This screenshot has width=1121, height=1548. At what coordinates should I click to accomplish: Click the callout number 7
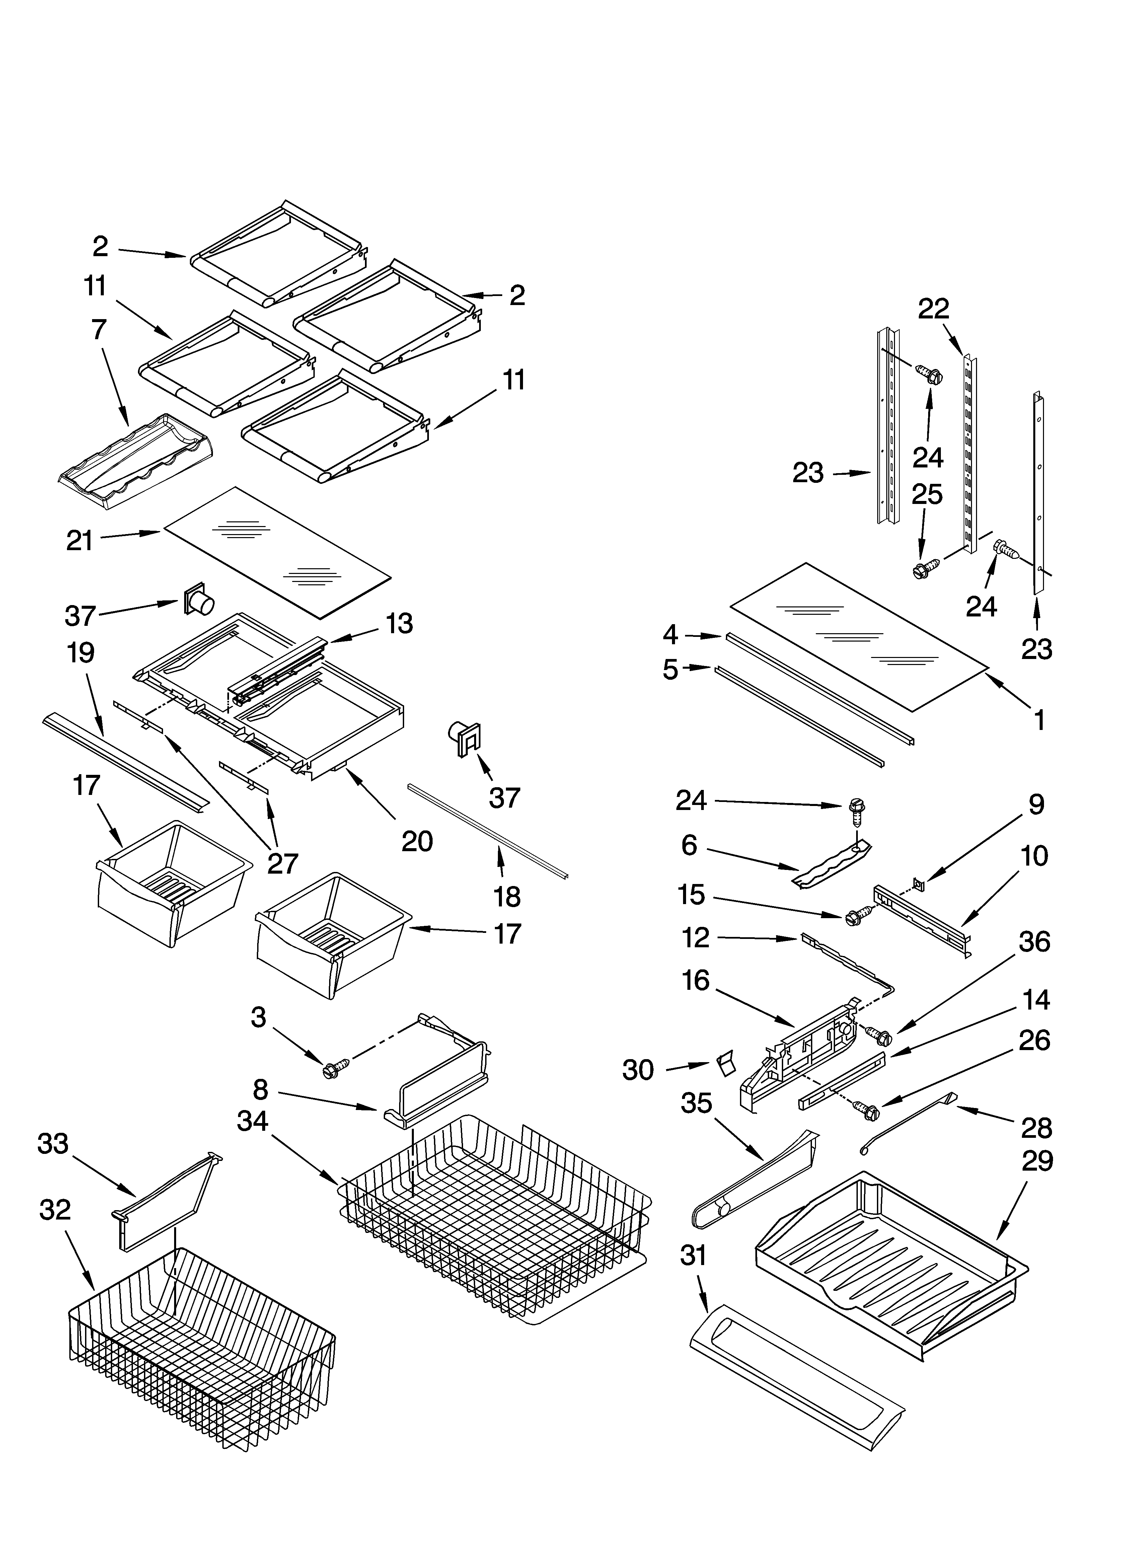(x=99, y=330)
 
